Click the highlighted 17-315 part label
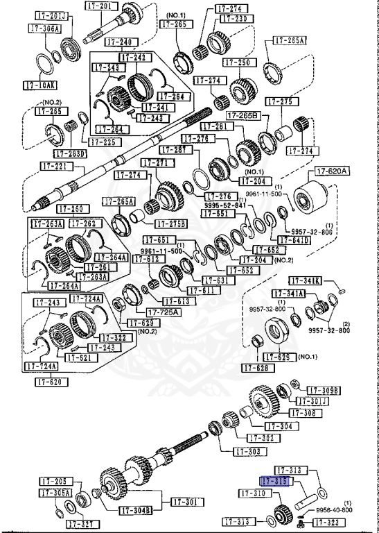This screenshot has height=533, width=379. (274, 481)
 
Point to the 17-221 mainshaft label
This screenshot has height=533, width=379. (55, 167)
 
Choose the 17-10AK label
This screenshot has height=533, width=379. (38, 86)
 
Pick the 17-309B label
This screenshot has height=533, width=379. (324, 391)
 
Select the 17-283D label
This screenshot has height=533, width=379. (71, 153)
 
